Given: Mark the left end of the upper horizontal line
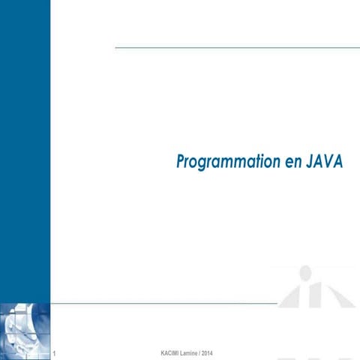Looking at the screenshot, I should click(116, 47).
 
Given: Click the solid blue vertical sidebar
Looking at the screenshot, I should click(25, 150).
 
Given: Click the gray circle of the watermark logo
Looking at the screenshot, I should click(306, 272).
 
